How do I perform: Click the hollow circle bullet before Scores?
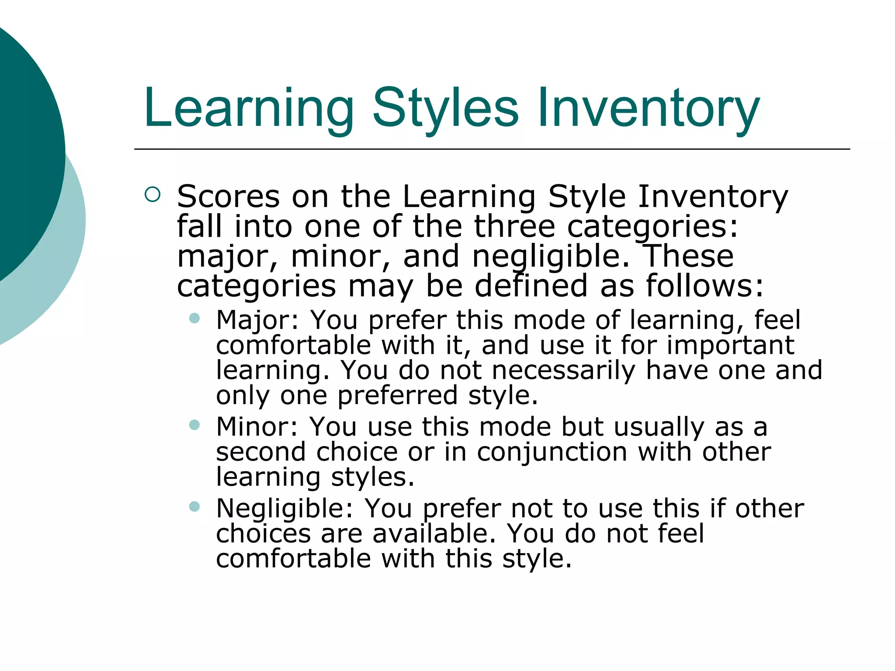[x=152, y=194]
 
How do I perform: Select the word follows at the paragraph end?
[x=705, y=286]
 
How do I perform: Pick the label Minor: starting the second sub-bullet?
[x=257, y=427]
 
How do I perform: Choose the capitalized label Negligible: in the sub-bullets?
[x=284, y=509]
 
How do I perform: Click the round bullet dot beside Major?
[x=194, y=318]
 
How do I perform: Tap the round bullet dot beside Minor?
[x=194, y=425]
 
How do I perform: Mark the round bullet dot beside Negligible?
[x=194, y=506]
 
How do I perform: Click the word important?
[x=730, y=346]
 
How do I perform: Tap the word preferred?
[x=397, y=396]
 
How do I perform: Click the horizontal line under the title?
[x=492, y=149]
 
